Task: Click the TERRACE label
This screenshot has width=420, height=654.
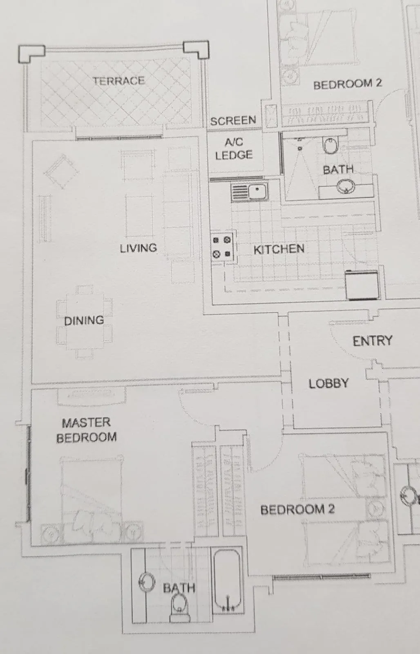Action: pos(118,81)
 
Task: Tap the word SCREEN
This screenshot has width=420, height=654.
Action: pos(233,121)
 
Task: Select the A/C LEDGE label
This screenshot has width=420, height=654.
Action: pos(234,149)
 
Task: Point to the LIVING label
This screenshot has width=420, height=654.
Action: pos(138,248)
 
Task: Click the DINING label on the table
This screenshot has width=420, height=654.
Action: pos(84,320)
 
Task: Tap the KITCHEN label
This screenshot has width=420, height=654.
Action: pos(279,249)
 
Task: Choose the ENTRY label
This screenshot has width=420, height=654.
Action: pos(372,341)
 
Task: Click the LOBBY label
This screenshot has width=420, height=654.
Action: pos(328,383)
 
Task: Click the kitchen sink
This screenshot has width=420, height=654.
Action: pos(250,192)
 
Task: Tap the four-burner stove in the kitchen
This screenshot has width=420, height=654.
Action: pos(222,247)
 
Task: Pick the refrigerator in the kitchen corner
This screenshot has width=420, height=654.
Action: pos(362,284)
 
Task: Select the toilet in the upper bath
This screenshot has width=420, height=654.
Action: pos(331,145)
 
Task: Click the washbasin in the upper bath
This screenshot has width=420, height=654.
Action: pos(346,188)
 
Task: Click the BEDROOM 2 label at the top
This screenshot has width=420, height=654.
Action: pos(347,84)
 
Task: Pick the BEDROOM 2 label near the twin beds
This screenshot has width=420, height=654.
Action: pos(297,510)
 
